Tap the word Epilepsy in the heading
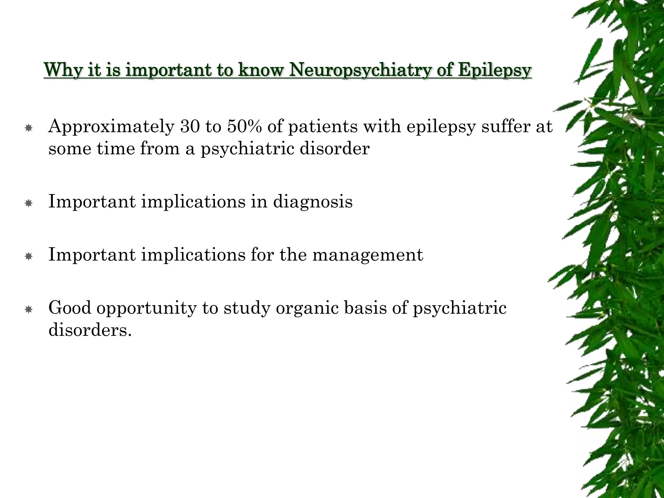click(x=495, y=70)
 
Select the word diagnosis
click(x=313, y=202)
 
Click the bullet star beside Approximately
click(x=29, y=129)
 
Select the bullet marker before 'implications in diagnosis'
click(x=29, y=204)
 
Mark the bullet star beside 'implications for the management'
click(x=29, y=257)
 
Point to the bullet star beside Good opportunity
click(x=29, y=310)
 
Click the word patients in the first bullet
click(x=323, y=126)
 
